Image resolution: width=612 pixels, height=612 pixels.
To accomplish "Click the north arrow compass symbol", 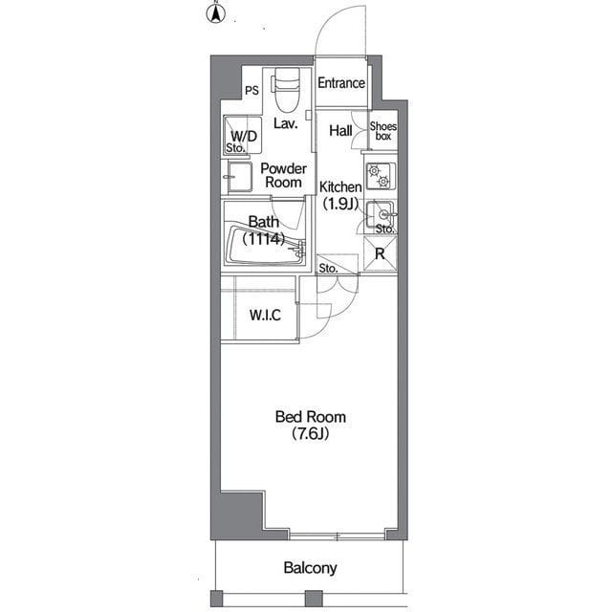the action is coord(215,13).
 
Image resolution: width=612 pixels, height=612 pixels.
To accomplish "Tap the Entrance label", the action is coord(341,83).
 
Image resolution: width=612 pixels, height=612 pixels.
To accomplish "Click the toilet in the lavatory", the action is coord(287,89).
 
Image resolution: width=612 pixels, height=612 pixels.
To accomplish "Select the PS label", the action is coord(251,91).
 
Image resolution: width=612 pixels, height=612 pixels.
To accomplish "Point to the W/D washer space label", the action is coord(244,136).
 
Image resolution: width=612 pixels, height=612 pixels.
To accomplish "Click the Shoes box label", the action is coord(383,131).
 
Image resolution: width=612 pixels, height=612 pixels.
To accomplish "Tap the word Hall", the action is coord(340,131).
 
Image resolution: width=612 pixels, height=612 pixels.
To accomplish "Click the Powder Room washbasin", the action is coord(239,176).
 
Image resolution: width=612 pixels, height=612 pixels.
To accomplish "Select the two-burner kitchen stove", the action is coord(381,176).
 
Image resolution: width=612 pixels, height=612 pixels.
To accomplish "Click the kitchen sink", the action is coord(381,214).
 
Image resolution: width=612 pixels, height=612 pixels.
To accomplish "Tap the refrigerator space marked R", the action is coord(380,253).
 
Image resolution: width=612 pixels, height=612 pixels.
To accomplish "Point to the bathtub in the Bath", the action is coord(265,245).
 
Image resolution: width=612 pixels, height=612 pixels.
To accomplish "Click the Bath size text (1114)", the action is coord(264,239).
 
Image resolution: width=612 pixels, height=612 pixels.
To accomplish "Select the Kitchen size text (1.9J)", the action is coord(340,204).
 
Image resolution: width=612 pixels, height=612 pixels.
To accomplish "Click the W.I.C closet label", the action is coord(266,315).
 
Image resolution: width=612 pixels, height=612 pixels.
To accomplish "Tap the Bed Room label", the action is coord(311,417).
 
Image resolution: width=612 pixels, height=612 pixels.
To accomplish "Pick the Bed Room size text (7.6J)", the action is coord(311,434).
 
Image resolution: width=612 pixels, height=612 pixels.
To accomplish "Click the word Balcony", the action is coord(310,568).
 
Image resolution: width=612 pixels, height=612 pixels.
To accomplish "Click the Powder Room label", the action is coord(283,176).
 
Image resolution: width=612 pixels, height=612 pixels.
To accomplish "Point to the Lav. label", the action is coord(286,123).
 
